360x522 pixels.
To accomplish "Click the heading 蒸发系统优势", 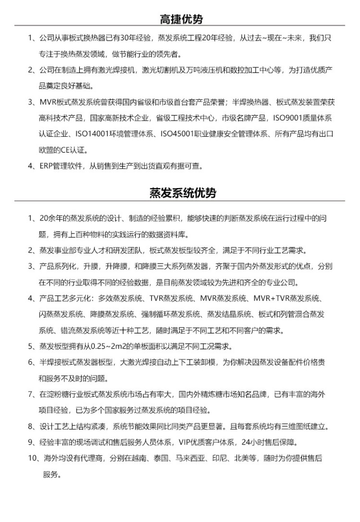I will [x=182, y=193].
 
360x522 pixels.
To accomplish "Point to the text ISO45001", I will [x=178, y=134].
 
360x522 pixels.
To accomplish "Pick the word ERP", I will [x=47, y=166].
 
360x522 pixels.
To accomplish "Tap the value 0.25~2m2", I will [x=111, y=346].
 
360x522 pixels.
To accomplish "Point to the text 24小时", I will [x=253, y=442].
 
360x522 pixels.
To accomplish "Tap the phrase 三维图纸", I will [x=295, y=426].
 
